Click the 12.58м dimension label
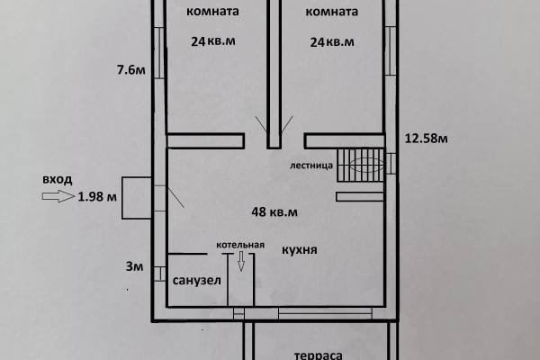coord(426,138)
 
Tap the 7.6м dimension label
coord(130,70)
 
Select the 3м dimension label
coord(134,266)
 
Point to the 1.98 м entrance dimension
coord(97,197)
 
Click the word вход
coord(58,179)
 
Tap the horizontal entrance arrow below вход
coord(58,196)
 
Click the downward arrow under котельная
coord(241,261)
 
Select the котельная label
coord(240,245)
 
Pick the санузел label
coord(196,281)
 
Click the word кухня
coord(300,249)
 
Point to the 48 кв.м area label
coord(274,211)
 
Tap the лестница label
coord(311,166)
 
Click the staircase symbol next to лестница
coord(360,165)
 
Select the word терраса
coord(318,355)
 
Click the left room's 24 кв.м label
coord(213,41)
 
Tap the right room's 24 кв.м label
coord(332,42)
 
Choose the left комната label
coord(212,12)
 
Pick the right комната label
coord(331,12)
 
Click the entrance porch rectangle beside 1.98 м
coord(137,198)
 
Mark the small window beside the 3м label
coord(159,274)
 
